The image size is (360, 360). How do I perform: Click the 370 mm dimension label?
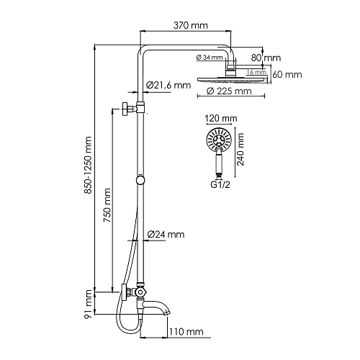191,25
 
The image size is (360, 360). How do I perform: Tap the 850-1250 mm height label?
88,165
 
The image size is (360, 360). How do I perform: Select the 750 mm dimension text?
107,205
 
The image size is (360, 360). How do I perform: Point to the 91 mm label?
89,304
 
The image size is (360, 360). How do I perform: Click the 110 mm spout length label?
186,332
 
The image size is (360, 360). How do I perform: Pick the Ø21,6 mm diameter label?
168,85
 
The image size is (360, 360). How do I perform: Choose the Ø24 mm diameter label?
166,234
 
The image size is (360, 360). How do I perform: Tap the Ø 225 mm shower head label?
229,91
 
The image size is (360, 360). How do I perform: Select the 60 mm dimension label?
287,75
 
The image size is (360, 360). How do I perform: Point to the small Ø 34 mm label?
210,58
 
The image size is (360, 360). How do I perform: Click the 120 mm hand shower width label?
221,118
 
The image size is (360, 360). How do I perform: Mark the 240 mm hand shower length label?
240,149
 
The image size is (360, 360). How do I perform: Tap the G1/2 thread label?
220,185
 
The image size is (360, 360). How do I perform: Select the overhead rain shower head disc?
233,80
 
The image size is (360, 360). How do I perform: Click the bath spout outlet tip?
168,312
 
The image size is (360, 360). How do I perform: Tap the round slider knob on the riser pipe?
140,180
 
